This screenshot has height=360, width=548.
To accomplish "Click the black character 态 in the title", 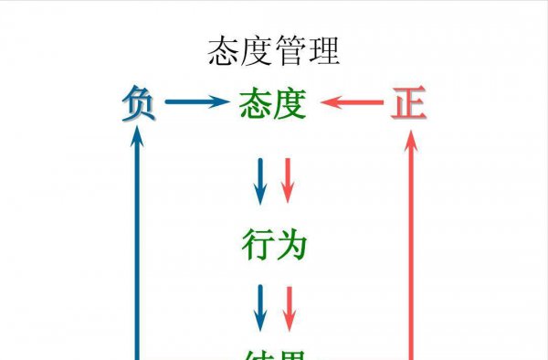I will point(225,52).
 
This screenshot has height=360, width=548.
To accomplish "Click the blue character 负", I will point(138,104).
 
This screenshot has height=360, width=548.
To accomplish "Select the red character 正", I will point(408,104).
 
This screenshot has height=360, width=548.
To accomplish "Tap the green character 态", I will point(256,104).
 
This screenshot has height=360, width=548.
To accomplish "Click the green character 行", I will point(257,244).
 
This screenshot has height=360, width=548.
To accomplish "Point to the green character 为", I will point(290,244).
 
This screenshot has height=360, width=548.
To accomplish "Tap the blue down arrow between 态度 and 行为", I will point(259,180).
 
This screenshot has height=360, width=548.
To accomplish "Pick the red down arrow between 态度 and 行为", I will point(287,180).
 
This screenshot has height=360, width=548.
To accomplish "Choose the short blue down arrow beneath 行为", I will point(259,307).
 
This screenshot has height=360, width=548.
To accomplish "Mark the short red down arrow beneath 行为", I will point(289,307).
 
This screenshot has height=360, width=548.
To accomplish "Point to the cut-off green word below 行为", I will point(273,355).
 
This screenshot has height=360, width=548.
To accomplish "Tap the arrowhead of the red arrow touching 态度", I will point(328,103).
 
